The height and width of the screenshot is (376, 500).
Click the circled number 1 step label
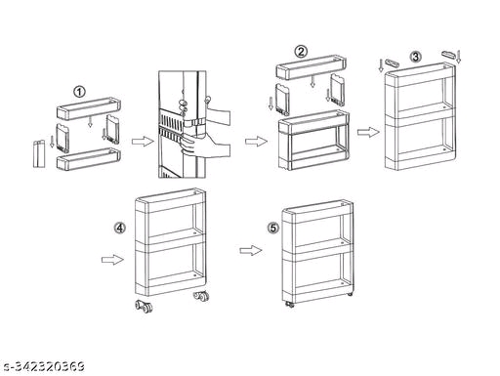[79, 92]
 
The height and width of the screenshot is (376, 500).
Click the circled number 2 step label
[301, 52]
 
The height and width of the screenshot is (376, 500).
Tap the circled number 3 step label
[415, 57]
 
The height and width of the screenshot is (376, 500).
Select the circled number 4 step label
[120, 228]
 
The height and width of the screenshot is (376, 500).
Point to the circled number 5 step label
[273, 228]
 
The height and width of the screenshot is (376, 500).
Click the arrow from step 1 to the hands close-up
[143, 142]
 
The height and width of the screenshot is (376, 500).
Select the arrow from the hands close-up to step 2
[256, 142]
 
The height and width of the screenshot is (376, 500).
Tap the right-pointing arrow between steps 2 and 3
[368, 132]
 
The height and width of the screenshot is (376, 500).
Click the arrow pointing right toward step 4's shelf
[112, 260]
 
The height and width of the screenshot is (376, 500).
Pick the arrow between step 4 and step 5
[251, 250]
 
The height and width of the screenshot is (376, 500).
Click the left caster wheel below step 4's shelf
[145, 307]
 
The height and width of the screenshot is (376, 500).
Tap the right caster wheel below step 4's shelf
[201, 296]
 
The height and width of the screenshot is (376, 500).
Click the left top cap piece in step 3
[391, 63]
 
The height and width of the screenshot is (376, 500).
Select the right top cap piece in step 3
[449, 54]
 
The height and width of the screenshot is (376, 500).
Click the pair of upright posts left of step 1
[39, 153]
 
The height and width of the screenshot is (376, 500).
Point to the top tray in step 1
[89, 107]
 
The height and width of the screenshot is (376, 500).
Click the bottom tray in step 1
[89, 159]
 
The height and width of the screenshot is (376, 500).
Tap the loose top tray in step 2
[312, 66]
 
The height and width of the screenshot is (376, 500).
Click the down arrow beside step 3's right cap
[459, 56]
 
